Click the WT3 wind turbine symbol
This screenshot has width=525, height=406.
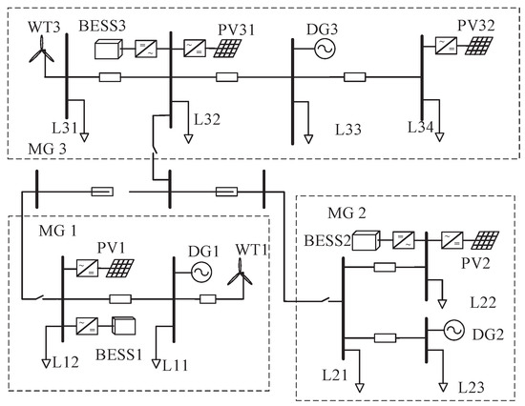[x=37, y=56]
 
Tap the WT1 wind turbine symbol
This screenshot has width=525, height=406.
[x=236, y=277]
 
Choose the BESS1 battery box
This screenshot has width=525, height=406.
[x=124, y=327]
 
